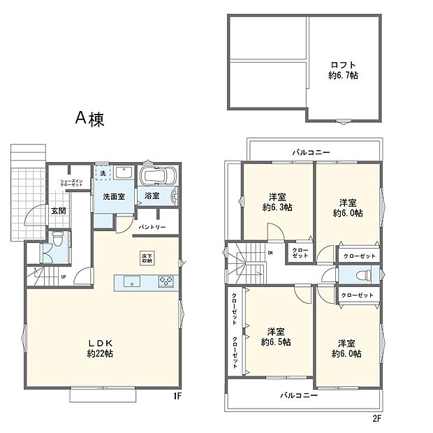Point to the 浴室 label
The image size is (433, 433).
[151, 196]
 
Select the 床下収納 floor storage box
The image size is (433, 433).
[147, 256]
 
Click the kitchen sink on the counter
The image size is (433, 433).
[132, 282]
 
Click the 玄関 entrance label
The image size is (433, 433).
[38, 211]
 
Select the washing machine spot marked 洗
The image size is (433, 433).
[103, 173]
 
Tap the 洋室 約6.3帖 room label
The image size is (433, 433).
[278, 202]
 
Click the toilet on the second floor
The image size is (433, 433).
[368, 274]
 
